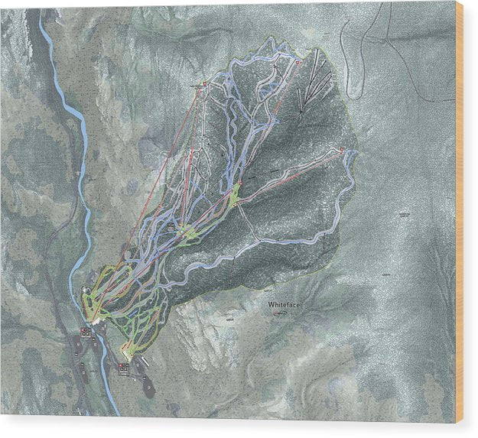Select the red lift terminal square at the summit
point(298,62)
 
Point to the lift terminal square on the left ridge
point(204,86)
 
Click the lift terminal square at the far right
point(342,149)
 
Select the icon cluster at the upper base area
point(86,333)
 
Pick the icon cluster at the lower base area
point(124,368)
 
